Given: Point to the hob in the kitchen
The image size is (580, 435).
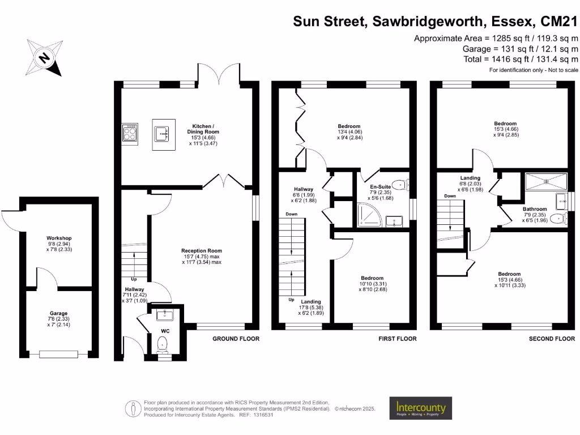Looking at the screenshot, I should tap(130, 134).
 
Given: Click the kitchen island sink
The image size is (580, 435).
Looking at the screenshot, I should tap(162, 134).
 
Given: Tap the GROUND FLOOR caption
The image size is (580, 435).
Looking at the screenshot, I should tap(236, 339).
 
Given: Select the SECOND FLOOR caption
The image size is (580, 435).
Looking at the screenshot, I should tap(552, 339).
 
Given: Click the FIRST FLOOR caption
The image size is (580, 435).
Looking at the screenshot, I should tap(397, 339).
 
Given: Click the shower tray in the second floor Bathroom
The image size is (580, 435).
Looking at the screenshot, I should tap(546, 182).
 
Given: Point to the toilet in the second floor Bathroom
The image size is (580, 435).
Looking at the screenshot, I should tap(561, 219).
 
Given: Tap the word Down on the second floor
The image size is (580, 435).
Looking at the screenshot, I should tap(450, 196).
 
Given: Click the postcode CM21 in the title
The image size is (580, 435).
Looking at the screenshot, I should tap(558, 22).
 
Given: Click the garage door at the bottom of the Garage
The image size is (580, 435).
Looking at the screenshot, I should tap(59, 355).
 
